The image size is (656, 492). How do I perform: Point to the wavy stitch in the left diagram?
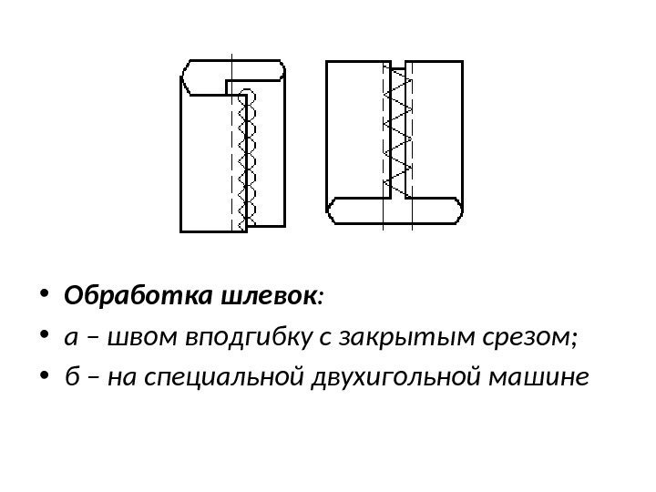pyautogui.click(x=243, y=159)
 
